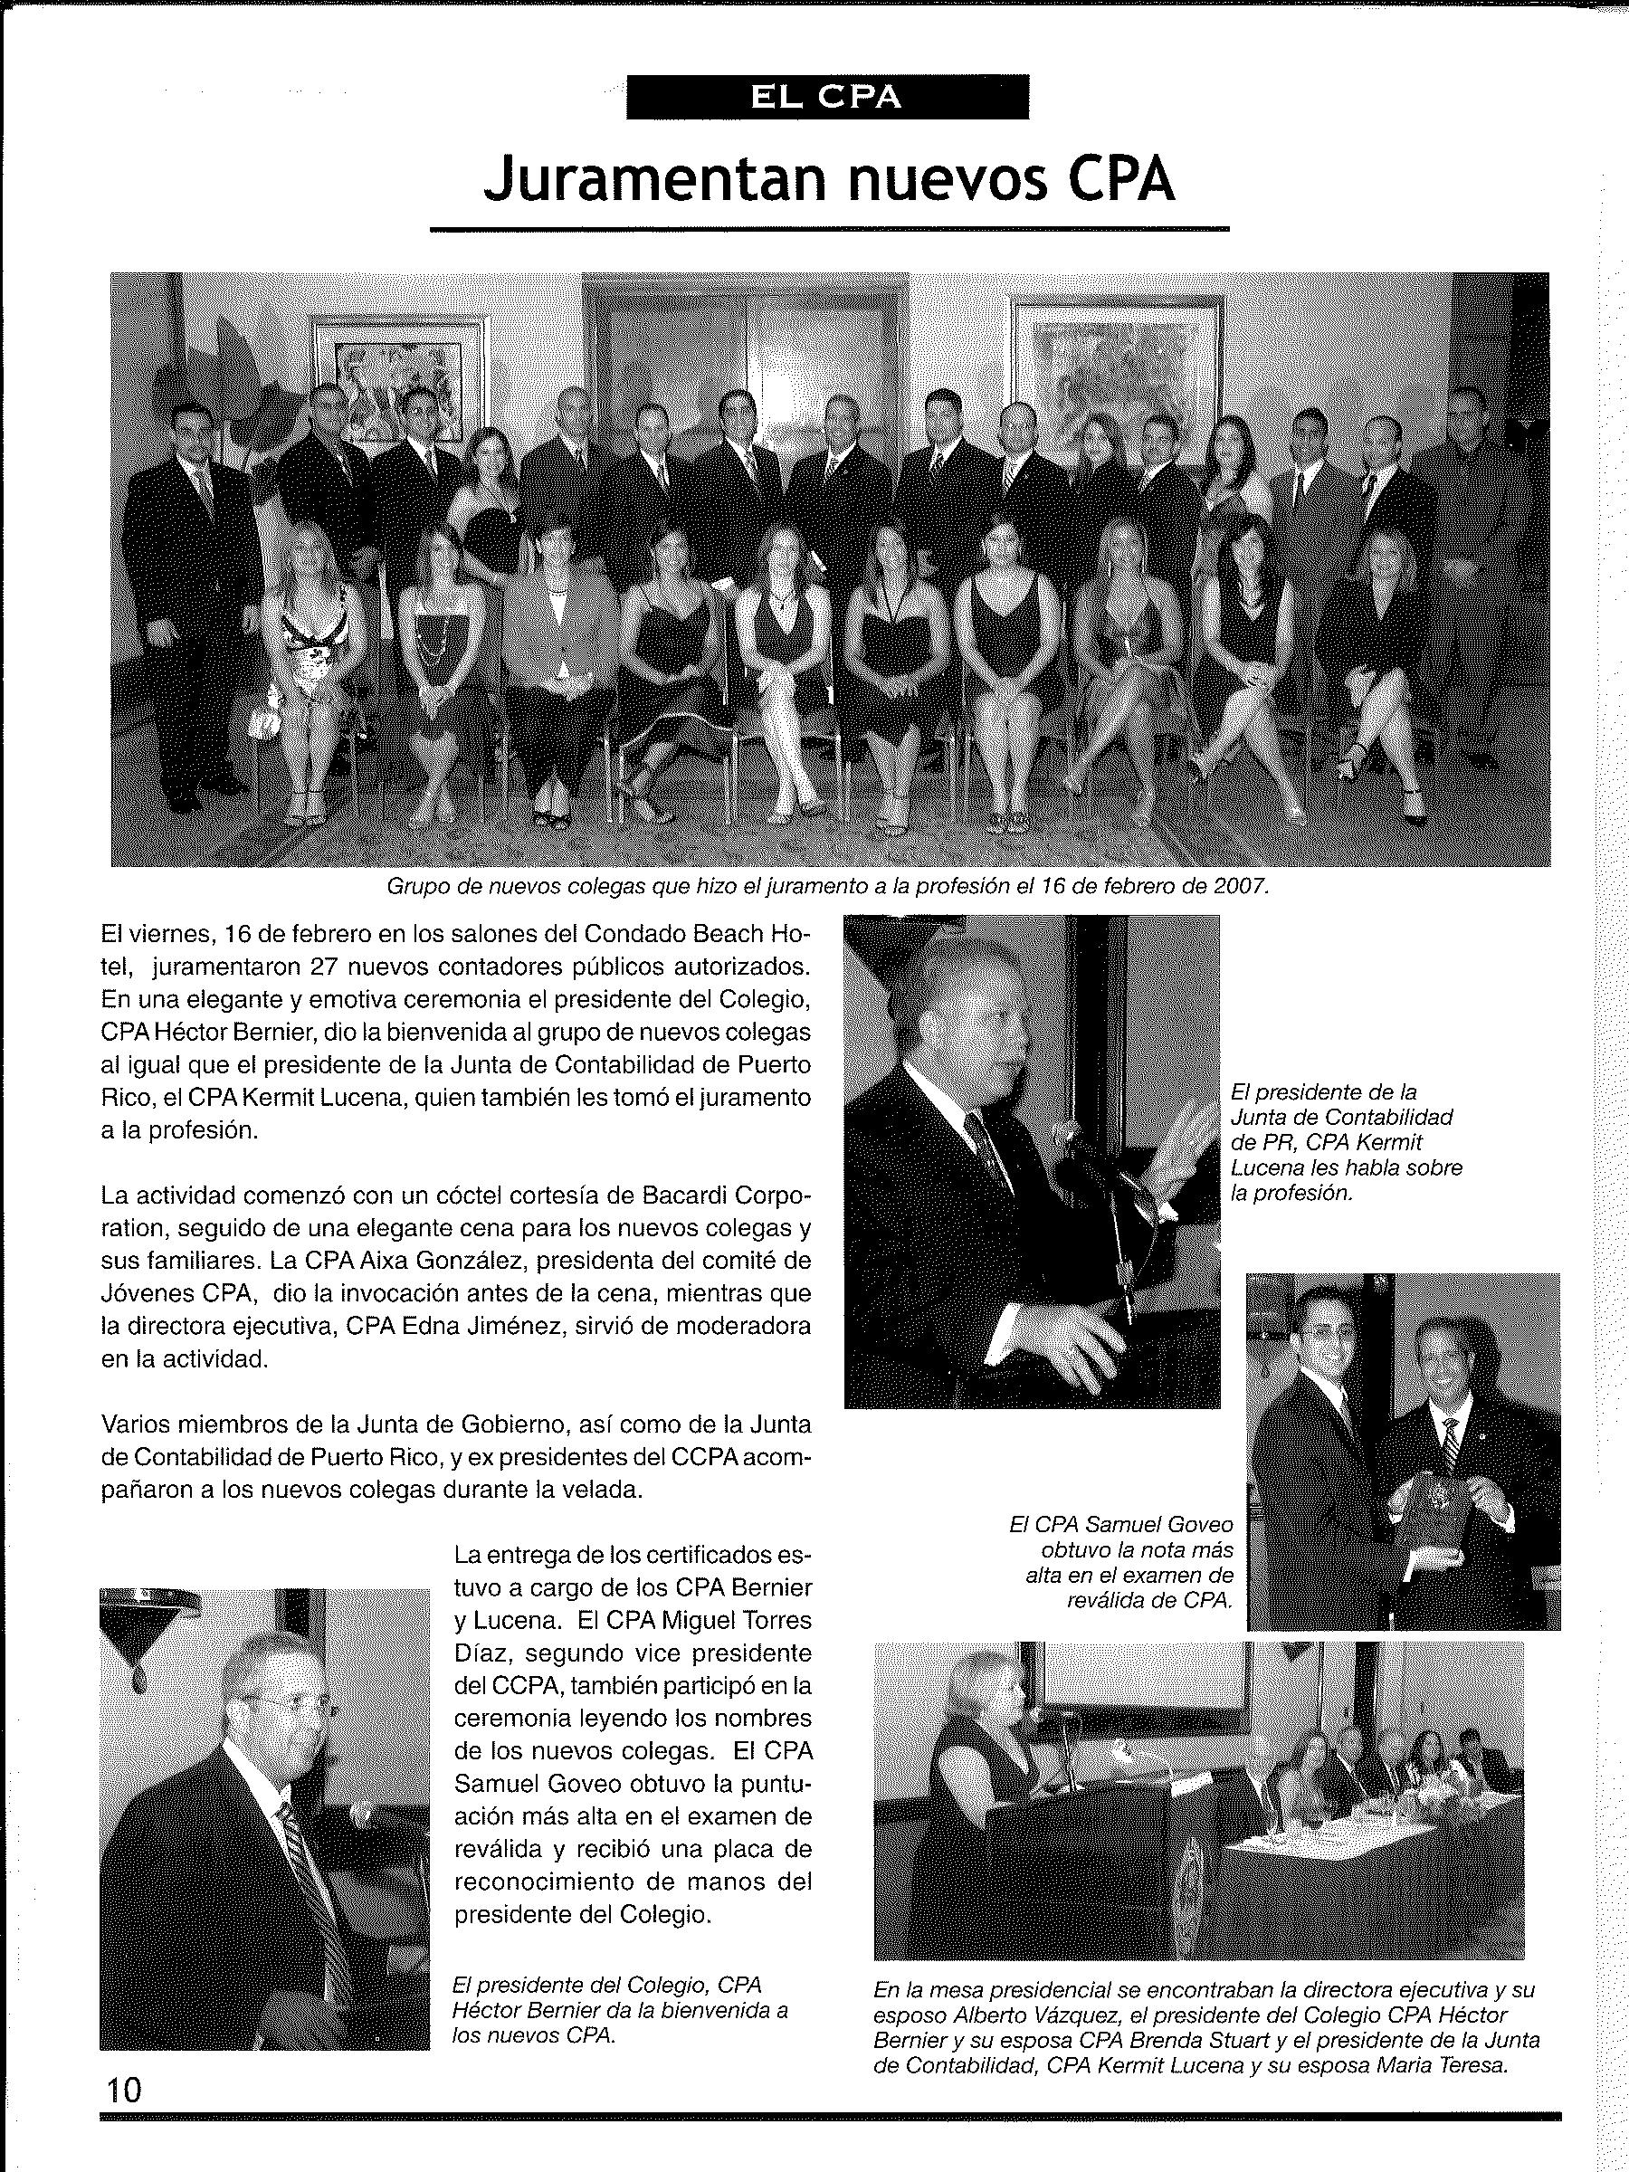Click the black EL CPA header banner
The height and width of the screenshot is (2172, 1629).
click(827, 97)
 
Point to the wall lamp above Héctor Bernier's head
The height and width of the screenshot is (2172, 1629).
click(149, 1617)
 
